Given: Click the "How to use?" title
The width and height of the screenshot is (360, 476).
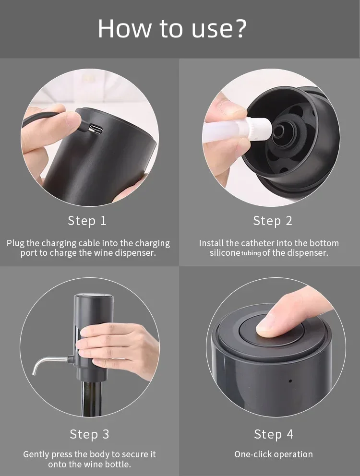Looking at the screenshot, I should tap(172, 29).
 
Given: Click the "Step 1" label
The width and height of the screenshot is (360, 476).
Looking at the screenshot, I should tap(87, 221).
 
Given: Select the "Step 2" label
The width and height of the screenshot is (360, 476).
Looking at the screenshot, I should tap(272, 221).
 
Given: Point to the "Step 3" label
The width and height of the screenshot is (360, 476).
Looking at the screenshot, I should tap(89, 434).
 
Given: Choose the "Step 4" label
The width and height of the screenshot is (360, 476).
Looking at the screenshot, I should tap(273, 434).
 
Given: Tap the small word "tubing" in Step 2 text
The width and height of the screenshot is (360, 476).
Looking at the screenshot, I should tap(251, 253).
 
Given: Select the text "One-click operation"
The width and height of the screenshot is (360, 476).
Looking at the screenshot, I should tap(273, 454).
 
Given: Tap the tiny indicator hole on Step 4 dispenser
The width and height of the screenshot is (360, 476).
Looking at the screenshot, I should tap(290, 381).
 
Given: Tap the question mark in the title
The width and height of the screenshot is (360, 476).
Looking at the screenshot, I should tap(240, 29).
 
